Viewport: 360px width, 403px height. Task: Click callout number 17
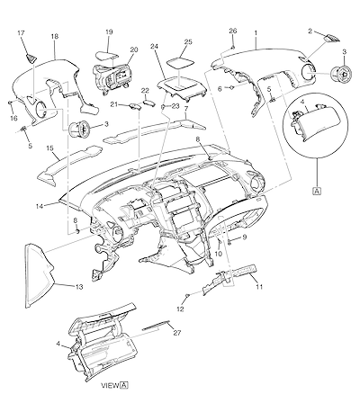[x=21, y=33]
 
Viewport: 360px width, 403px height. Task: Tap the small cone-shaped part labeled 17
[x=31, y=58]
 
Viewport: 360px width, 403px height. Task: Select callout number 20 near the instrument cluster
[x=134, y=49]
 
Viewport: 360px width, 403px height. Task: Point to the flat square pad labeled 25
[x=180, y=63]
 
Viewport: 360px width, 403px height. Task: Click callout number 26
[x=233, y=31]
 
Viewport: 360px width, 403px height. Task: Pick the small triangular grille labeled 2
[x=331, y=38]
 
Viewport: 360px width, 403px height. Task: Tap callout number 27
[x=177, y=333]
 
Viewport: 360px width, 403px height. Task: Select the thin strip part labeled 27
[x=156, y=325]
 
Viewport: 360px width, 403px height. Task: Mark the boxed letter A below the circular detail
[x=318, y=191]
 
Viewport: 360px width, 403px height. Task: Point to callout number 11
[x=259, y=287]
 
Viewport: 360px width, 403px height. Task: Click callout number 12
[x=180, y=309]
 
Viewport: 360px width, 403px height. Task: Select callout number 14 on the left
[x=40, y=206]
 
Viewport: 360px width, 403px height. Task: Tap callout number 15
[x=50, y=148]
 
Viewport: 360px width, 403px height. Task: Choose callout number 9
[x=245, y=237]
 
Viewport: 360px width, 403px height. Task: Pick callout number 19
[x=109, y=31]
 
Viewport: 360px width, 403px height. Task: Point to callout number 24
[x=154, y=46]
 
